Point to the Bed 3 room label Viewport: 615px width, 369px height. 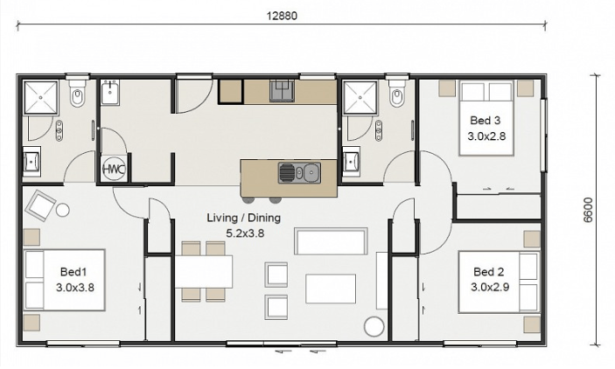tap(485, 126)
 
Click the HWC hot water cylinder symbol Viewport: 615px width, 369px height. tap(114, 170)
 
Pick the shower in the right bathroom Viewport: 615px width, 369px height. tap(360, 98)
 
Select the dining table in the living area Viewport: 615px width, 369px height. tap(203, 271)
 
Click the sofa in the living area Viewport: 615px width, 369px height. tap(330, 240)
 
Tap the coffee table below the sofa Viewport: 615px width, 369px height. tap(330, 288)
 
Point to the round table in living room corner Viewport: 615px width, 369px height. tap(374, 327)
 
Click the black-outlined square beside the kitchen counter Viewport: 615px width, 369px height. tap(231, 91)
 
